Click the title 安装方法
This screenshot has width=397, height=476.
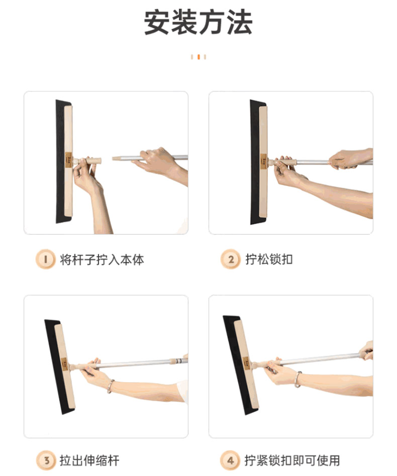198,23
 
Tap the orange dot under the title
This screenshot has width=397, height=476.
198,57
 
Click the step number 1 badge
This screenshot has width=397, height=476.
46,259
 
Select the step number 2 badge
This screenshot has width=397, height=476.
231,259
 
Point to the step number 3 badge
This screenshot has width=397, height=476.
46,460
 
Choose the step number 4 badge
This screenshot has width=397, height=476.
231,460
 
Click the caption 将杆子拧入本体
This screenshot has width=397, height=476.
102,260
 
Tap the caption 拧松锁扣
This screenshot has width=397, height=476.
269,260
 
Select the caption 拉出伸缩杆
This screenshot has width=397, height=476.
89,460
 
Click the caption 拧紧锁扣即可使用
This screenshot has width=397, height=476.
292,460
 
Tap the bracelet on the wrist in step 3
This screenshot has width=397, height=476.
111,386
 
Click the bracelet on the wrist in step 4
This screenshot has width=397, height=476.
298,379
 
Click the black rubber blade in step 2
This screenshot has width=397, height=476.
255,162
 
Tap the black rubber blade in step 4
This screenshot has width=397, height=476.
236,365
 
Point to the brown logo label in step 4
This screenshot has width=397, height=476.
246,363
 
